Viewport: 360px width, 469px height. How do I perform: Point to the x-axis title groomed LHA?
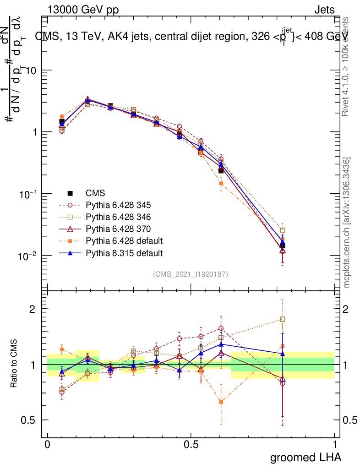(306, 457)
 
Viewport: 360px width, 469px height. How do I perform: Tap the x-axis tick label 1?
(335, 444)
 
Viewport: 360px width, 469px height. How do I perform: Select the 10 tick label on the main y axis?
(31, 71)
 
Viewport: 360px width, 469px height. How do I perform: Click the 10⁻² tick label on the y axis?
(27, 255)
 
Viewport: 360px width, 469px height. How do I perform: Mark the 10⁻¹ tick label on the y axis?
(27, 194)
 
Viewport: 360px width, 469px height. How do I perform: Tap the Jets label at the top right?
(324, 10)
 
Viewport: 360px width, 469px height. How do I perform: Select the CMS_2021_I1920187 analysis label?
(191, 274)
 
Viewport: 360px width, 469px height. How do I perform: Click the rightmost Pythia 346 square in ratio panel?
(283, 319)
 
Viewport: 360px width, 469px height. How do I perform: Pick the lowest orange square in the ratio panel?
(221, 402)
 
